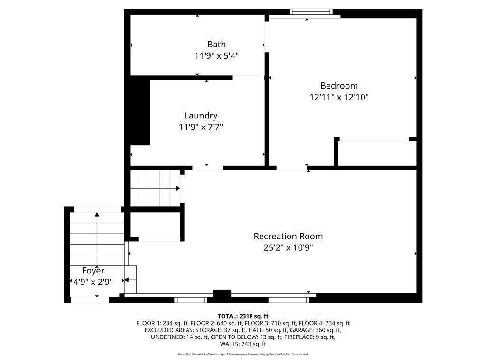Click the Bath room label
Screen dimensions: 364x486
click(x=216, y=45)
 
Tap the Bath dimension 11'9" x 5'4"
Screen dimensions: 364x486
click(x=216, y=56)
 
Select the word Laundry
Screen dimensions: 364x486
click(x=201, y=116)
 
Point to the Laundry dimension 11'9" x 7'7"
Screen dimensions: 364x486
click(x=201, y=127)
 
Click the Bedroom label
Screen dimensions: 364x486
click(x=339, y=86)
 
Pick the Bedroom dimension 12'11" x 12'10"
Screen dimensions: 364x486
click(x=339, y=97)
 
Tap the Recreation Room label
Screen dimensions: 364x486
click(x=288, y=236)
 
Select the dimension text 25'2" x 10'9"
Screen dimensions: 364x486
click(x=288, y=247)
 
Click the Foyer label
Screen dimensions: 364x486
click(x=93, y=271)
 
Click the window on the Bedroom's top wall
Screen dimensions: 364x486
click(x=311, y=12)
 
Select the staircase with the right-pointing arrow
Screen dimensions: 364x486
click(x=154, y=188)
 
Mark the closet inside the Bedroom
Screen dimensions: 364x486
click(x=375, y=154)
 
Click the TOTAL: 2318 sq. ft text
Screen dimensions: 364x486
click(x=243, y=316)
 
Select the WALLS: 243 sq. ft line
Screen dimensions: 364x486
click(x=243, y=345)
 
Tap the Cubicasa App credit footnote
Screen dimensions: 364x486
click(x=243, y=355)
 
